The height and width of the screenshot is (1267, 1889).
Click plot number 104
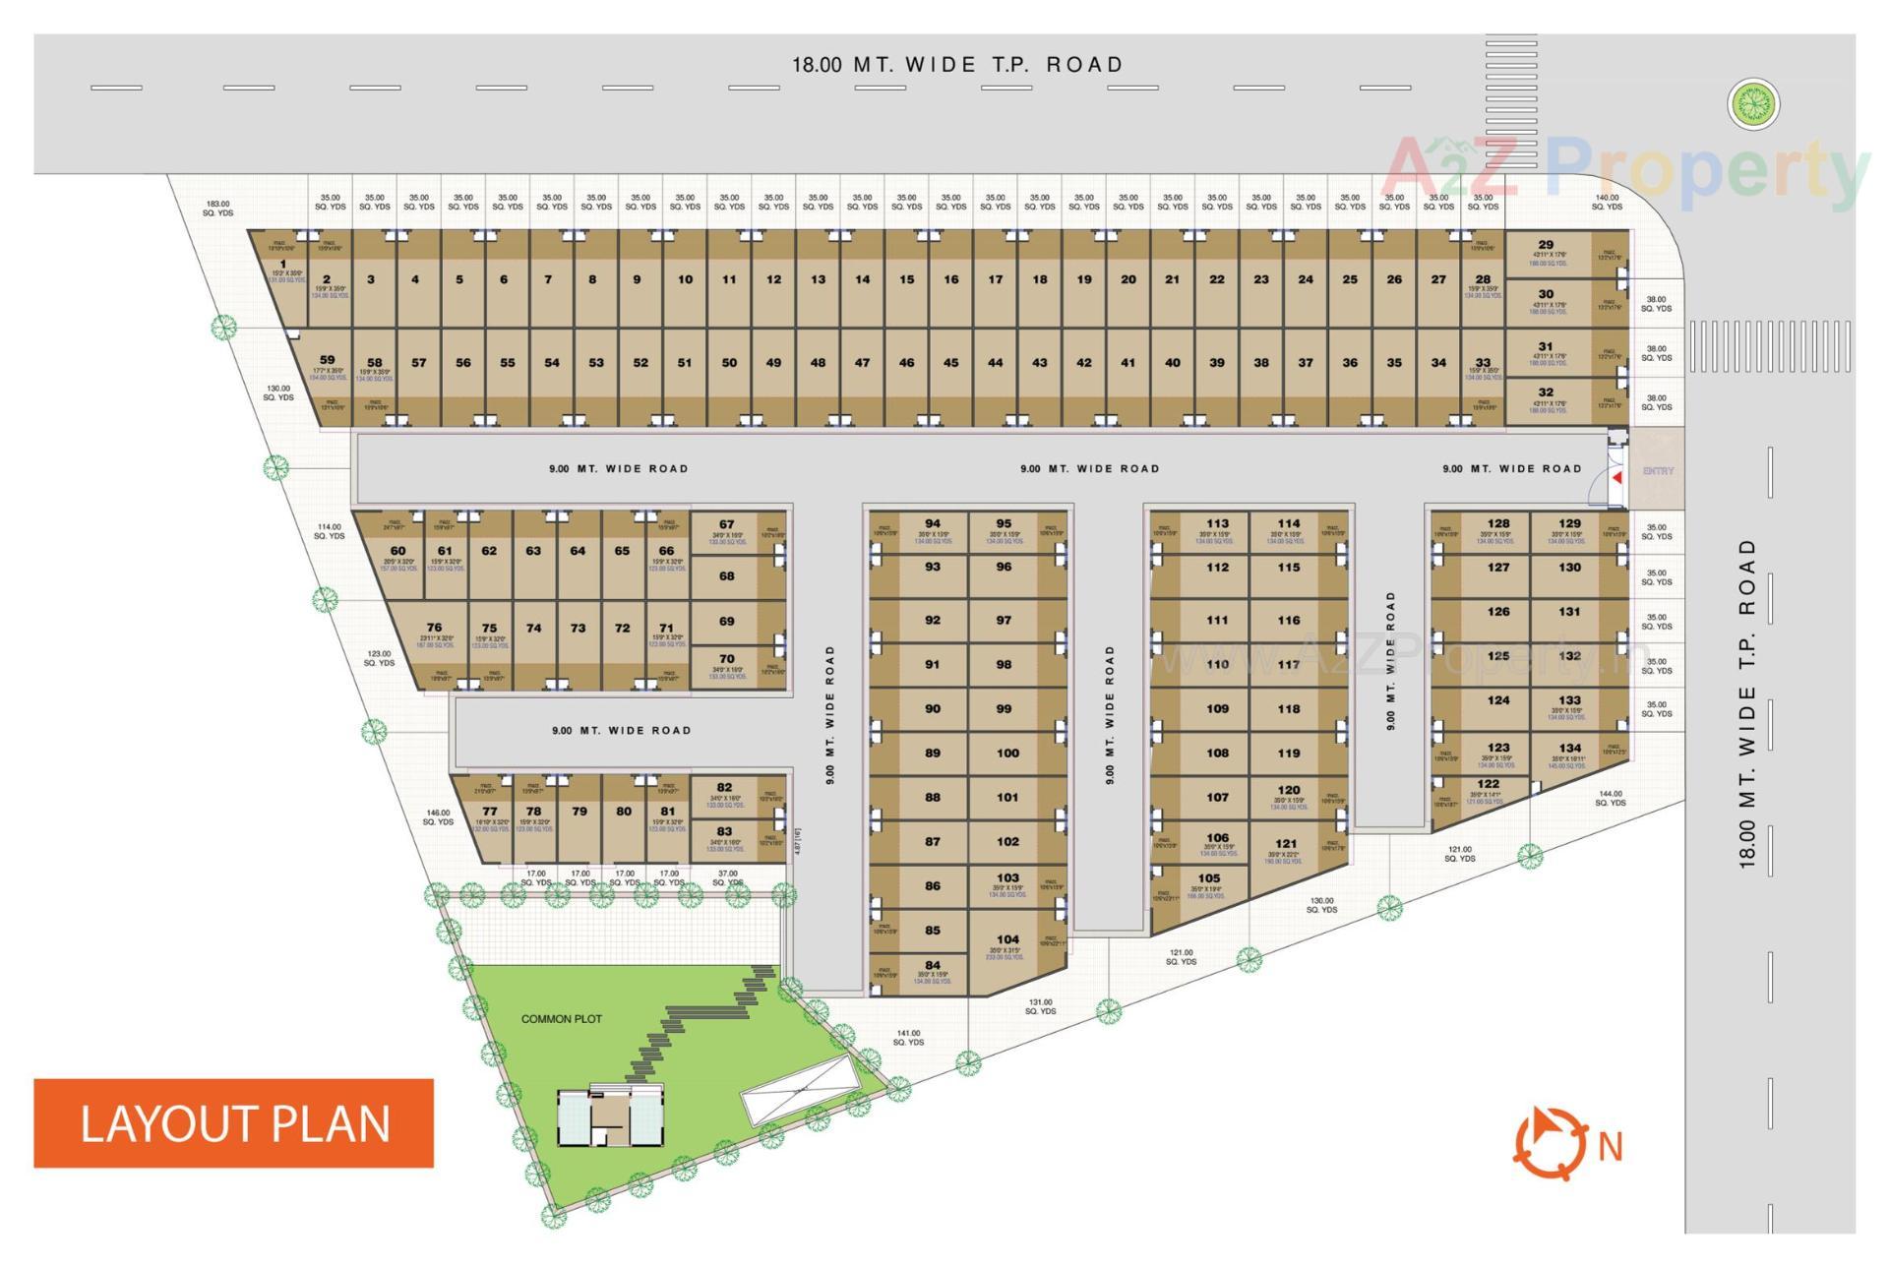[1007, 939]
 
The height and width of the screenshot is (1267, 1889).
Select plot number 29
[1546, 245]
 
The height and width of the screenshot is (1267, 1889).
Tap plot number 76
[434, 628]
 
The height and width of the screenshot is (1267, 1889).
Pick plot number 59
[328, 360]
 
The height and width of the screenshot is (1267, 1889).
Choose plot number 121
[1286, 844]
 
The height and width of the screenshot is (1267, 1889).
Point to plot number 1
[283, 264]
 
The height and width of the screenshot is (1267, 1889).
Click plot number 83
[725, 832]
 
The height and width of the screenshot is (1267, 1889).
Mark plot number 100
[1007, 754]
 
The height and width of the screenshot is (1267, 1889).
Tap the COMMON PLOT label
[561, 1019]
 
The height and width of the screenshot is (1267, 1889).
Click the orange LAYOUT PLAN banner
[234, 1123]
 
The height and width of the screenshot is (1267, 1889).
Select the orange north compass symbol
[1549, 1143]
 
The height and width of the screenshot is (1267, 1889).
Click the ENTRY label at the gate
[1658, 471]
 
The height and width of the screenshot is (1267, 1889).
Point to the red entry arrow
[1617, 477]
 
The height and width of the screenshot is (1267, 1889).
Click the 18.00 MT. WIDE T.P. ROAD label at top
[957, 65]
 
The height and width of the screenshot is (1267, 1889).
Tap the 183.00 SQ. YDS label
[217, 209]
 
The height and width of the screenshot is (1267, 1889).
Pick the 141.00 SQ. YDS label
[908, 1038]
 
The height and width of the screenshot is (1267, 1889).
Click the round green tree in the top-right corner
[1753, 102]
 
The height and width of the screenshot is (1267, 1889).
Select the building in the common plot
[610, 1116]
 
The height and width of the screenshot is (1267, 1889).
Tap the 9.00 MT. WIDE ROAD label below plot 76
[621, 731]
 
